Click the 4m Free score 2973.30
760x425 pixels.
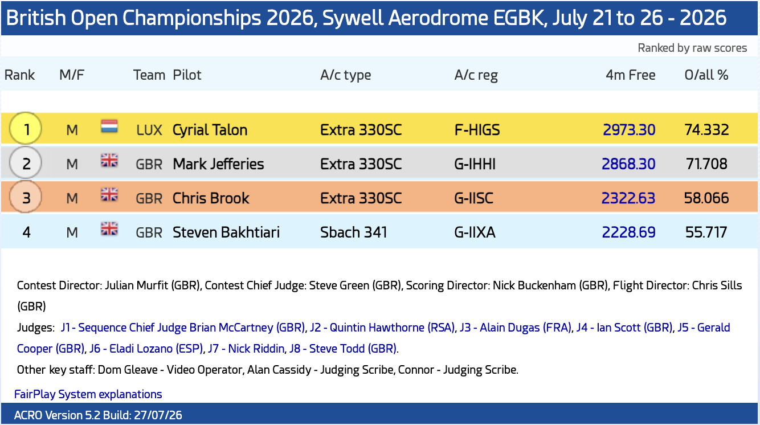click(629, 130)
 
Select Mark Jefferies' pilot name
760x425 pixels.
click(218, 164)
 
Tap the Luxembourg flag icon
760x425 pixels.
click(109, 126)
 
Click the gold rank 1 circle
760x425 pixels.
click(26, 129)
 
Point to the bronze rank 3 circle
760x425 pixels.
click(26, 197)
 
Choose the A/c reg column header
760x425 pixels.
click(476, 75)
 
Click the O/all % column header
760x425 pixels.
click(706, 75)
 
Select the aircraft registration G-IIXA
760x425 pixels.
click(475, 232)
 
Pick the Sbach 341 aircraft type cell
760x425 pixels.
click(354, 232)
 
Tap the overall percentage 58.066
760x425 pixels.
click(706, 198)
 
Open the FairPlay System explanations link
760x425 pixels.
click(88, 394)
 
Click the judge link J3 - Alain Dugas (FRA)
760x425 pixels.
click(516, 328)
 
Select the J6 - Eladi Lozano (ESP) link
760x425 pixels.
click(146, 349)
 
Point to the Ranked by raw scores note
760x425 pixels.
click(692, 48)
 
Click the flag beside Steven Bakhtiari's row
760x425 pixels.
click(109, 228)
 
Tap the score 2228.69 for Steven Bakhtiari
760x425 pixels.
click(629, 232)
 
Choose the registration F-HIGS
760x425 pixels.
click(477, 130)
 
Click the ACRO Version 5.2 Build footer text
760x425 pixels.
click(98, 415)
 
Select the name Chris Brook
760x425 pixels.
click(211, 198)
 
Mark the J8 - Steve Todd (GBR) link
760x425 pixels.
click(343, 349)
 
